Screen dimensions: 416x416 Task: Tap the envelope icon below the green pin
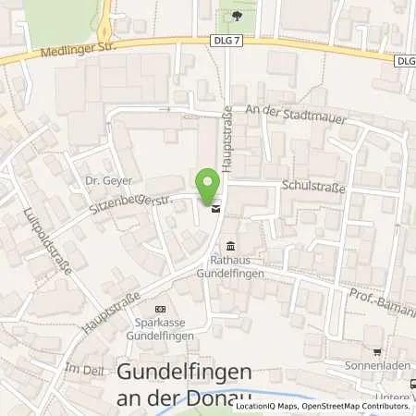(215, 210)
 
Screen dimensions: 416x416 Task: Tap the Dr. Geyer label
(102, 180)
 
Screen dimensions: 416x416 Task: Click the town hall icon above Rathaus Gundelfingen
(230, 245)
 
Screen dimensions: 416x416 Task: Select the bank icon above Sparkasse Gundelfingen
(161, 309)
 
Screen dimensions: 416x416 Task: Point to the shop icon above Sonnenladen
(376, 351)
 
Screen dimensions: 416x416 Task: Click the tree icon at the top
(238, 16)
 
